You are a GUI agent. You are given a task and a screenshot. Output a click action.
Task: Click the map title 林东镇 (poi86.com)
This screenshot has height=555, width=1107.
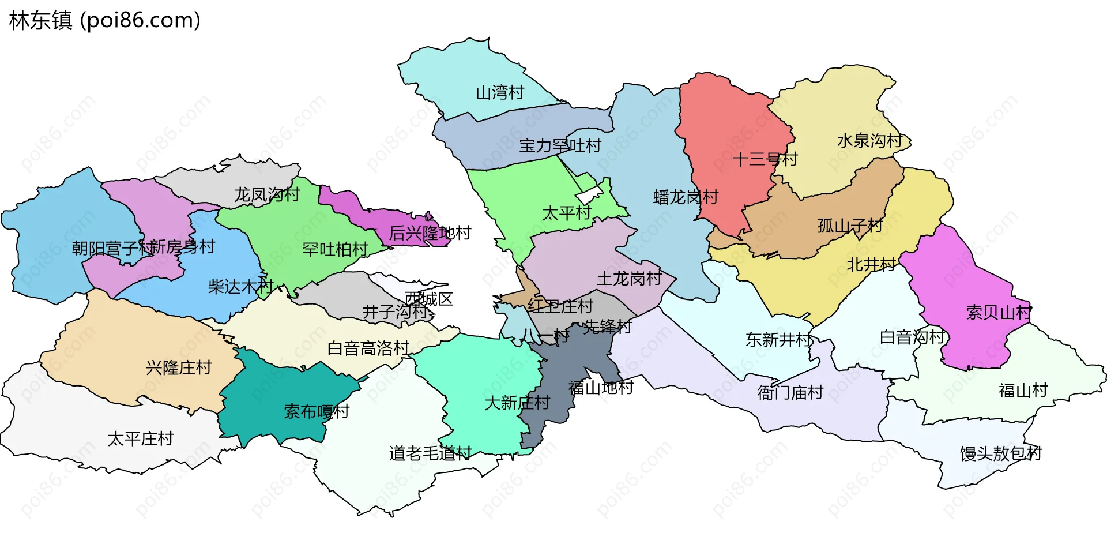pos(104,20)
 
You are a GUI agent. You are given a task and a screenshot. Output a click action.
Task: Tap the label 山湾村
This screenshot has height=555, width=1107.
pos(499,92)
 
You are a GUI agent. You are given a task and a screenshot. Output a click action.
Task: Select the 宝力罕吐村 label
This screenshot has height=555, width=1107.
pos(560,145)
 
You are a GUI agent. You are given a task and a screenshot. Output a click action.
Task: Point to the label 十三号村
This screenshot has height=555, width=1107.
pos(765,159)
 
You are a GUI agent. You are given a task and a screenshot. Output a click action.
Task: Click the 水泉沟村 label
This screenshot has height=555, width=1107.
pos(869,140)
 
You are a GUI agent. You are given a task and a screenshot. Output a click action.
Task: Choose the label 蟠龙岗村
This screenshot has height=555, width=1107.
pos(686,197)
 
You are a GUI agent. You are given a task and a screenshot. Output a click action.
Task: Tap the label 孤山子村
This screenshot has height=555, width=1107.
pos(850,226)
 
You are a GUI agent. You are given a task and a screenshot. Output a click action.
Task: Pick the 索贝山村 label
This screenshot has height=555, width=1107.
pos(998,313)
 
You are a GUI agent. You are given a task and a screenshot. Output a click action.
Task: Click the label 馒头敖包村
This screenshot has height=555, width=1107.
pos(1000,453)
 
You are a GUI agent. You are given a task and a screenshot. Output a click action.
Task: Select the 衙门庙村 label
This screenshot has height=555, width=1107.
pos(790,393)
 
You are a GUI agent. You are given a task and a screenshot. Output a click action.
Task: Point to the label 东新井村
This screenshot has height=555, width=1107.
pos(778,340)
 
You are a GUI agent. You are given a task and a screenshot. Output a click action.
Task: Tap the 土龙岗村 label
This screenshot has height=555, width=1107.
pos(629,279)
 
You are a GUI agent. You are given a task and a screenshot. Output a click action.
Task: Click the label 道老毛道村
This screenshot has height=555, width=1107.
pos(430,453)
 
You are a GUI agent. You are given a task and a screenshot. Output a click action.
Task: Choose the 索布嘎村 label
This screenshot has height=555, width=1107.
pos(317,412)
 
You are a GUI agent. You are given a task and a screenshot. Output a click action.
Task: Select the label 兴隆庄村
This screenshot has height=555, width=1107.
pos(179,367)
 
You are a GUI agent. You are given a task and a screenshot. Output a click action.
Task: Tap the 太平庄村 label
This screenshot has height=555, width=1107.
pos(140,439)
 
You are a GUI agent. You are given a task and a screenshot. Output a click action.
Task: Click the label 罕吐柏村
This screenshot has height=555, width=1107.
pos(335,249)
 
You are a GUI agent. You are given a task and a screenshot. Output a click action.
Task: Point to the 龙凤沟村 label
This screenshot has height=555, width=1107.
pos(266,194)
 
